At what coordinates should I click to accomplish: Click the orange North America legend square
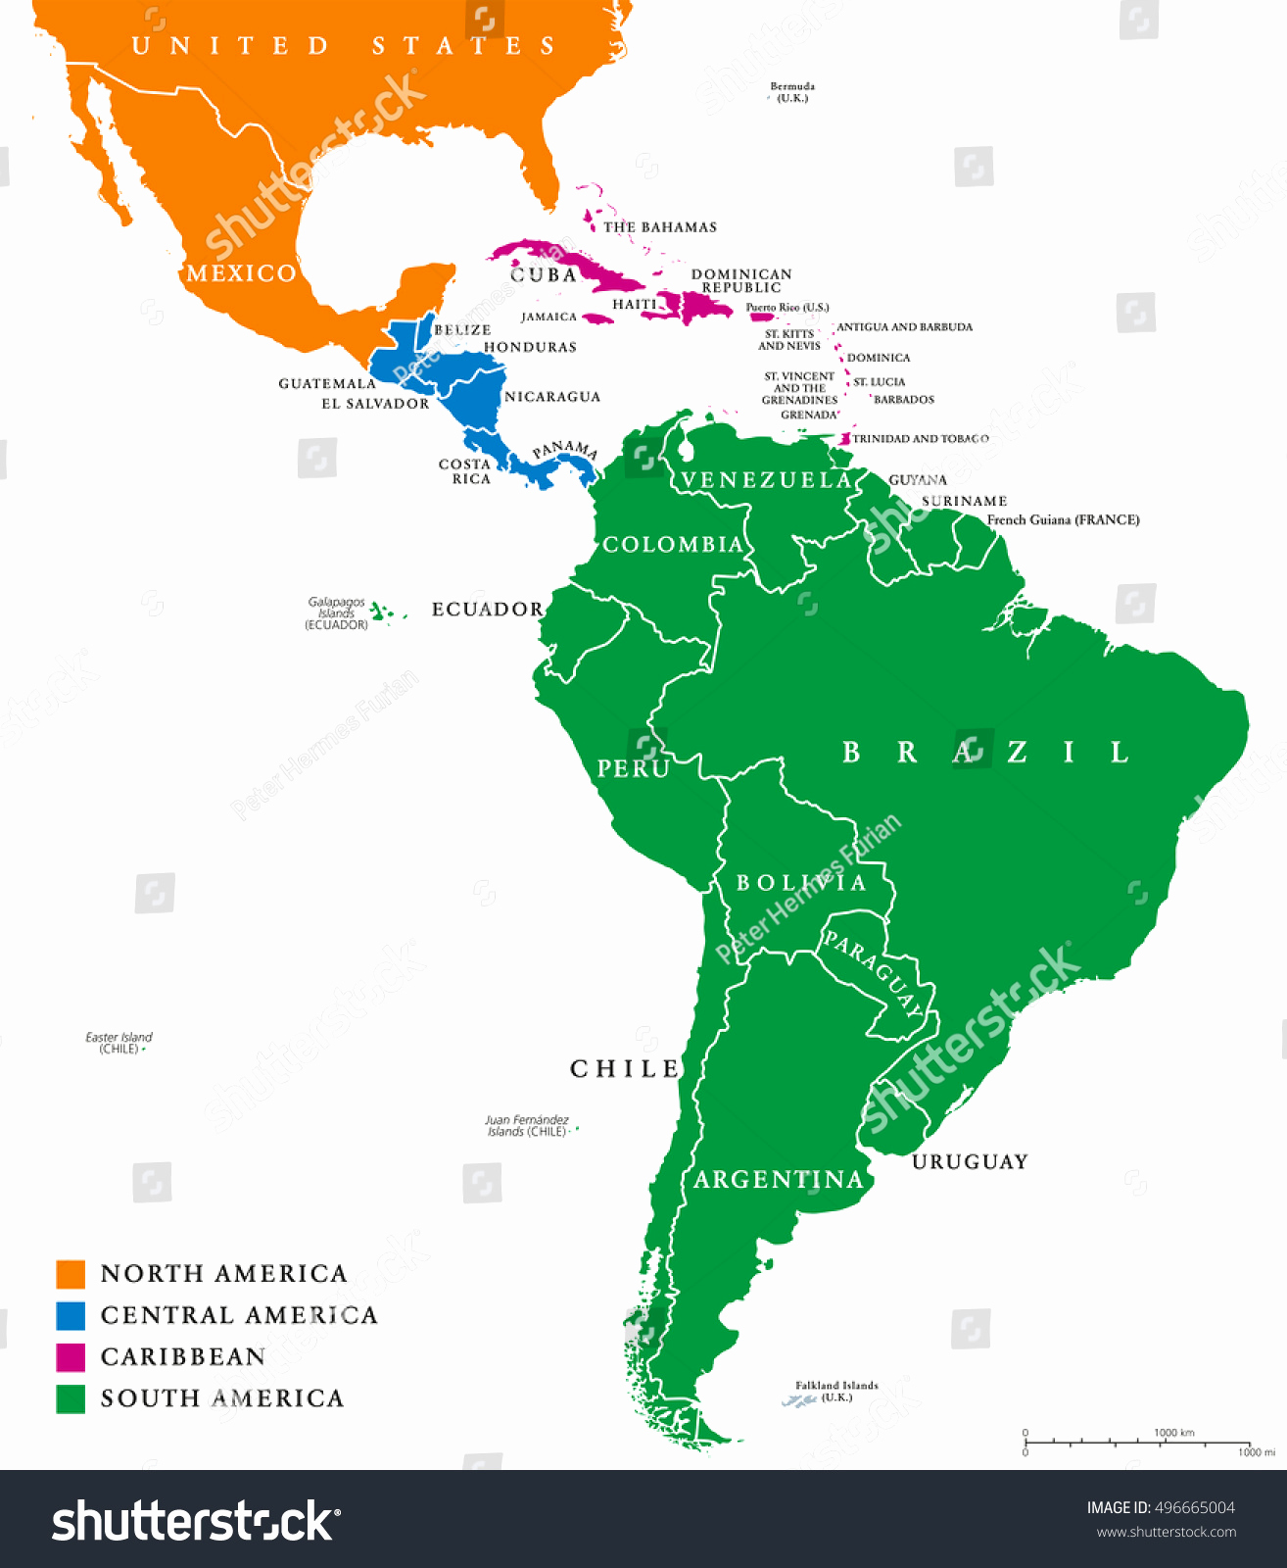[x=71, y=1274]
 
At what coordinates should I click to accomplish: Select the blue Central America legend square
[x=71, y=1315]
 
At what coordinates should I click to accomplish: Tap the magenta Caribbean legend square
[x=71, y=1357]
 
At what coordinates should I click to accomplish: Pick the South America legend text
[x=222, y=1398]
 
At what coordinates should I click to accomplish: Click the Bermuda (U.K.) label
[x=792, y=92]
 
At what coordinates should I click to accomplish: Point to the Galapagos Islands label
[x=336, y=613]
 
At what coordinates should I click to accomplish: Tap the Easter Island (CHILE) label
[x=119, y=1043]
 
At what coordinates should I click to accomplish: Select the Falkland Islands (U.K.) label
[x=836, y=1391]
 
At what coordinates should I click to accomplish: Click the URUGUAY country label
[x=970, y=1162]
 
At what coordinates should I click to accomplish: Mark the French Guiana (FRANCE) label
[x=1063, y=520]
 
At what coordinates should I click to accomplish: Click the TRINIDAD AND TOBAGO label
[x=920, y=439]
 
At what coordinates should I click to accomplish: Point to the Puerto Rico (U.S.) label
[x=787, y=308]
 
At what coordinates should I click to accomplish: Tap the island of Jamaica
[x=597, y=318]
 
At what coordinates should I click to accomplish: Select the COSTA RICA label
[x=465, y=471]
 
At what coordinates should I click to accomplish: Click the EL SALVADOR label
[x=375, y=404]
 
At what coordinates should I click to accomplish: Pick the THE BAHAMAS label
[x=659, y=227]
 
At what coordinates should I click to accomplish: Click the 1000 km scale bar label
[x=1173, y=1433]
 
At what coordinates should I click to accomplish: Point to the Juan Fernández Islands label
[x=527, y=1125]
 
